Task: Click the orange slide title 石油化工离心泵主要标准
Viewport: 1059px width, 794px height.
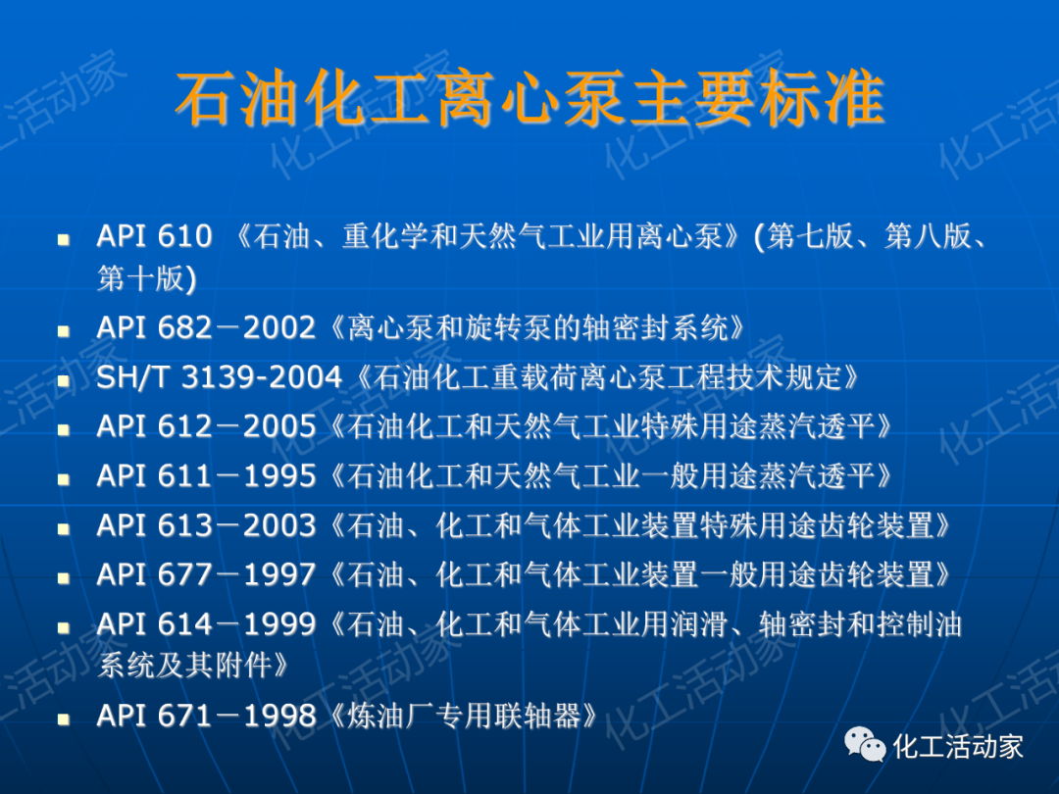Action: tap(529, 100)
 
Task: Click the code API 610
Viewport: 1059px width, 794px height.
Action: tap(154, 236)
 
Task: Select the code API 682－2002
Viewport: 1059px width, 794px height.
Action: tap(206, 327)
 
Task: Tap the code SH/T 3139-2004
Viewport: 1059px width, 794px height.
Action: tap(219, 377)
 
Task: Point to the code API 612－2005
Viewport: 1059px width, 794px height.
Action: tap(206, 426)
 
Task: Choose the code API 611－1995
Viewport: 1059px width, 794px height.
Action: tap(206, 476)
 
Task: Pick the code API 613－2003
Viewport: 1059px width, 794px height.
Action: tap(206, 526)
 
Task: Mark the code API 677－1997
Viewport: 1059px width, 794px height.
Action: tap(206, 575)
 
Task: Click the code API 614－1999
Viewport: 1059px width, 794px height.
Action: tap(206, 624)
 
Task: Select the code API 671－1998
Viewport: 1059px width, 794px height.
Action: tap(206, 716)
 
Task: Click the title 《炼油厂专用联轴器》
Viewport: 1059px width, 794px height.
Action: tap(459, 716)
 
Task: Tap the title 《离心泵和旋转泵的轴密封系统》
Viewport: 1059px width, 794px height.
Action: tap(531, 327)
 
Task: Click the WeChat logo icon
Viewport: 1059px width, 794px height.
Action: tap(866, 746)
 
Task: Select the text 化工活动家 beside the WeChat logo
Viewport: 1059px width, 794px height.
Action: tap(958, 746)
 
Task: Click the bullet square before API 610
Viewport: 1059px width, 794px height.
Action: tap(65, 238)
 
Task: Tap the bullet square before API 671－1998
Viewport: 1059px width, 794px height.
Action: tap(65, 718)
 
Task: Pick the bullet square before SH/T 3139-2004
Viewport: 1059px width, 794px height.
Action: tap(65, 379)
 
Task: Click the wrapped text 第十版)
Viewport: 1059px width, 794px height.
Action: tap(146, 278)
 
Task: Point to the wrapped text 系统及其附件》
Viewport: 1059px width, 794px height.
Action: tap(193, 667)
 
